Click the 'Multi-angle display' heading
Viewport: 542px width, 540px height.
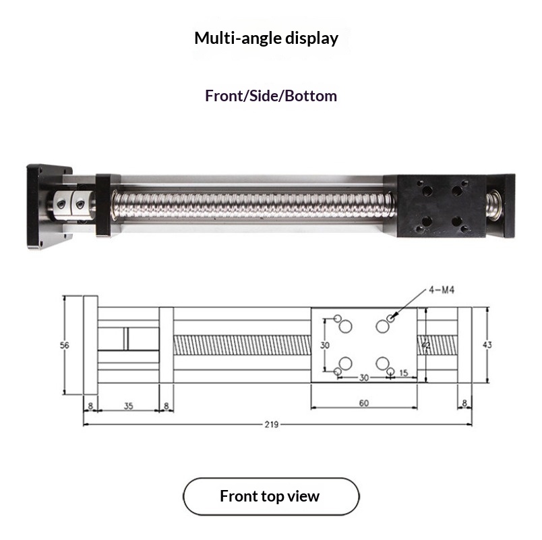266,38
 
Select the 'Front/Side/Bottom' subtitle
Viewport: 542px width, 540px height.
271,96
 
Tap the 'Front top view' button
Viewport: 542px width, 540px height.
271,496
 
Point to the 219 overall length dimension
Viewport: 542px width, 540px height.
272,425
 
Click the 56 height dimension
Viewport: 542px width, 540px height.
65,345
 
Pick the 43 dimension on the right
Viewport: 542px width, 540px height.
487,345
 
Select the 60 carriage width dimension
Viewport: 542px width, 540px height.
364,403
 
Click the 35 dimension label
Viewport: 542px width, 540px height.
129,406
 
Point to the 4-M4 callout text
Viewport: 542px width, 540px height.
442,290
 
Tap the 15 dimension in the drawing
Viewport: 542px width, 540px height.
404,373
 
